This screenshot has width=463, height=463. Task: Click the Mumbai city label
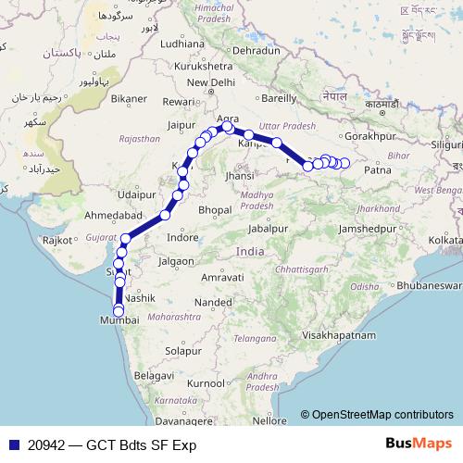[123, 319]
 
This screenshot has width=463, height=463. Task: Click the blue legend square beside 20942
[11, 444]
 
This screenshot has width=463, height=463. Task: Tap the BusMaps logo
[419, 444]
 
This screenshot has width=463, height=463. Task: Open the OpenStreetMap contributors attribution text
[382, 415]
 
